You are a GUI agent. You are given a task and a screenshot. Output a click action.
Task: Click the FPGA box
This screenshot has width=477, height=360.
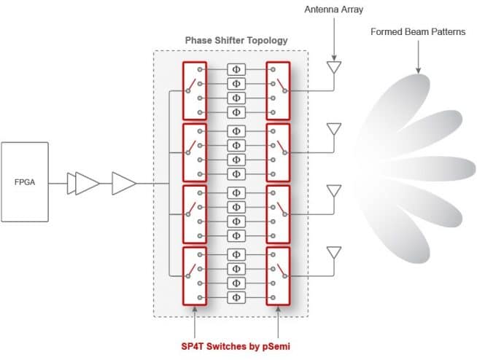[x=25, y=182]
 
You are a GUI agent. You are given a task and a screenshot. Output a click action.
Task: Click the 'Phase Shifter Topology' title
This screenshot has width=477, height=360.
[x=236, y=40]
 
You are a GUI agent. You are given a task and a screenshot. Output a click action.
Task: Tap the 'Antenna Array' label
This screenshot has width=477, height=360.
[x=334, y=9]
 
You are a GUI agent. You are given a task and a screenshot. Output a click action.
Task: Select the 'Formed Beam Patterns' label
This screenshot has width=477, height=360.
[x=418, y=31]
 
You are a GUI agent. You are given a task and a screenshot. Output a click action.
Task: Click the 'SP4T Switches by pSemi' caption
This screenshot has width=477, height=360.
[x=236, y=346]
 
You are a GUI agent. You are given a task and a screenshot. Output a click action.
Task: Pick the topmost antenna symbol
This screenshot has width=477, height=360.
[x=334, y=67]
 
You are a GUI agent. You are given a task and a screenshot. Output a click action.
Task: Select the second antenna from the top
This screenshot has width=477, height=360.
[x=334, y=129]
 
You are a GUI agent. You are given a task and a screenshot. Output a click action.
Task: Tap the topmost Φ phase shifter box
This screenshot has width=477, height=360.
[x=236, y=70]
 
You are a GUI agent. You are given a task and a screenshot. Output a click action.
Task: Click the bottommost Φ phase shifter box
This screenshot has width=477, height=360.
[x=236, y=297]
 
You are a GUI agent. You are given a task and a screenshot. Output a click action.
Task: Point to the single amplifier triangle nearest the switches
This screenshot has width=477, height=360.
[x=124, y=184]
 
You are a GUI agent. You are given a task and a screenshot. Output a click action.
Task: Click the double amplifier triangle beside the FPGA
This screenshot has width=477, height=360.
[x=83, y=184]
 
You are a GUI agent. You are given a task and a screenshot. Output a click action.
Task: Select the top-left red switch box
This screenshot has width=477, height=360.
[x=195, y=91]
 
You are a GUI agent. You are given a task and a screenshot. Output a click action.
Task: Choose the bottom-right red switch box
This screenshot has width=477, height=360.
[x=278, y=276]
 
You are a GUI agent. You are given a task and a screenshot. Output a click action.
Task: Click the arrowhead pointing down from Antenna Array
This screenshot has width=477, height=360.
[x=334, y=58]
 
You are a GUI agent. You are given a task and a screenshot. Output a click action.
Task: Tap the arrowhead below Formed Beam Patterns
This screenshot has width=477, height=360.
[x=419, y=71]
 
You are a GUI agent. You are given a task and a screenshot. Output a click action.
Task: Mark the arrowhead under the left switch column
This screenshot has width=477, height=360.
[x=195, y=309]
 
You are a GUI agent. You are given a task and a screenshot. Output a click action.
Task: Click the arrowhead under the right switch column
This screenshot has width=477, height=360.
[x=278, y=309]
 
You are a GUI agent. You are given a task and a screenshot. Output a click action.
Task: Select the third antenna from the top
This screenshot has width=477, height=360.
[x=334, y=191]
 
